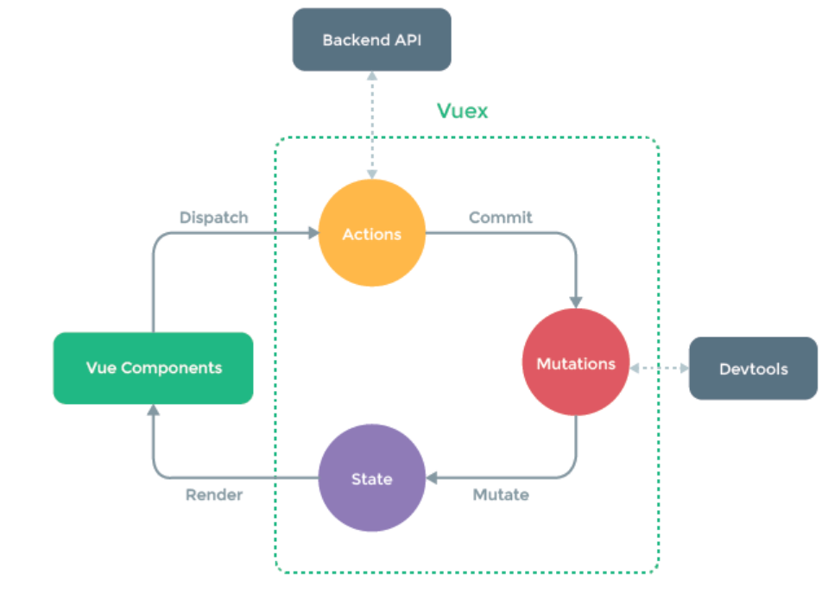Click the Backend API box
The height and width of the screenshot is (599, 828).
(372, 40)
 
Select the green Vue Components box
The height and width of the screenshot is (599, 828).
(154, 368)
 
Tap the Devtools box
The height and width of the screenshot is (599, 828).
(753, 369)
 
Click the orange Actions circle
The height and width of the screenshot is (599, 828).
(372, 233)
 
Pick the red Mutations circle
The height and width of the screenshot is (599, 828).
(576, 363)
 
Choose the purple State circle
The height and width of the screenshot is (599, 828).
(372, 478)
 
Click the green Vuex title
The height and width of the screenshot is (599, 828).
(462, 111)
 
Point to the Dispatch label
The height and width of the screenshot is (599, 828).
(213, 218)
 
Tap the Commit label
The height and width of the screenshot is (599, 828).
(501, 218)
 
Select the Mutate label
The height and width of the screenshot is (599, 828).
(501, 495)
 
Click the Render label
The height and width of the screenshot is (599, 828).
(214, 495)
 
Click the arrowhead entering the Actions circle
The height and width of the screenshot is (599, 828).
(312, 233)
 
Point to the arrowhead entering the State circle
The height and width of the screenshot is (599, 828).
(433, 477)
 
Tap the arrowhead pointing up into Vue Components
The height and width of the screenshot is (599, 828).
(154, 410)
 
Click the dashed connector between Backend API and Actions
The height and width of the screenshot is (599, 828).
(372, 125)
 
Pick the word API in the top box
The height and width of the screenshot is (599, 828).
(408, 40)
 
